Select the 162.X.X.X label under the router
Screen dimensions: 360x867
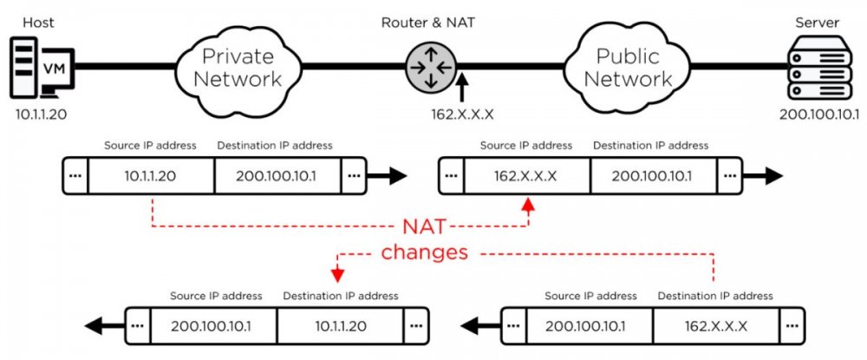click(x=463, y=115)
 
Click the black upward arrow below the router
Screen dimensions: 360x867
click(x=463, y=87)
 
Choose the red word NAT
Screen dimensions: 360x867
click(x=425, y=228)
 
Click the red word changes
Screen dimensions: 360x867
click(x=425, y=252)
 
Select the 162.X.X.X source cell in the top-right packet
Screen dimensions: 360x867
click(x=526, y=176)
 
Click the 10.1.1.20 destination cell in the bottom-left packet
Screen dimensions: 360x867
click(x=341, y=327)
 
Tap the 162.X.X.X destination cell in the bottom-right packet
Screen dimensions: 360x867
click(x=717, y=327)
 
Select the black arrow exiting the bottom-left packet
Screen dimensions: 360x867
click(x=103, y=327)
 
